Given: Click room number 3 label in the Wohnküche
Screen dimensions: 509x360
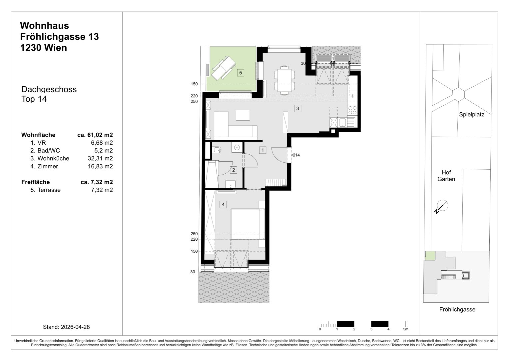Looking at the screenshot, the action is (297, 108).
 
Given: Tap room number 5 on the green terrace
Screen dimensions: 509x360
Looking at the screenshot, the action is (241, 73).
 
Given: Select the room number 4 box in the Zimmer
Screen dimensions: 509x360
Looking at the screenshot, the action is (223, 204).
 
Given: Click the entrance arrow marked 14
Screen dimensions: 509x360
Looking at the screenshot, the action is (293, 155).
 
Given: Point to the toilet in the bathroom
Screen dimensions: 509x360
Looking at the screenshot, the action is (217, 150).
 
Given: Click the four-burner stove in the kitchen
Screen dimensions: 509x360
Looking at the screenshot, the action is (352, 110).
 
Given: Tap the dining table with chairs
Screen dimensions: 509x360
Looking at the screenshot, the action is (284, 80).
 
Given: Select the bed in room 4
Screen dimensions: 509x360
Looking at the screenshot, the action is (248, 224).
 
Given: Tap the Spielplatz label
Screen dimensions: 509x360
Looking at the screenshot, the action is (471, 114).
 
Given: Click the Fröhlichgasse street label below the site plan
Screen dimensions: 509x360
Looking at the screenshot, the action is (457, 309).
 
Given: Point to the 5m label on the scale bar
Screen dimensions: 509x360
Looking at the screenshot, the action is (406, 329).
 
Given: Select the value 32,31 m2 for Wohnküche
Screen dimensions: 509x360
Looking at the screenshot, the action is (100, 158).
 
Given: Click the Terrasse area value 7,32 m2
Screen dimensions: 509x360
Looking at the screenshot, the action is (102, 190).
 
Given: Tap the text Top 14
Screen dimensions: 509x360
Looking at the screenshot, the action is (34, 99).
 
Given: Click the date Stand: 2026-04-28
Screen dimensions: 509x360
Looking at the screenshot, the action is (66, 327).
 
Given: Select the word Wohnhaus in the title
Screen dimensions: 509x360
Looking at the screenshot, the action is (45, 26).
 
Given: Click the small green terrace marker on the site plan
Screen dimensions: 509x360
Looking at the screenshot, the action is (430, 256).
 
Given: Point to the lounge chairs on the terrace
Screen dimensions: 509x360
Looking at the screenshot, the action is (224, 68).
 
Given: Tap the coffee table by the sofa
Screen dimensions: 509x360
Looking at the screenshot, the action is (243, 115).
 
